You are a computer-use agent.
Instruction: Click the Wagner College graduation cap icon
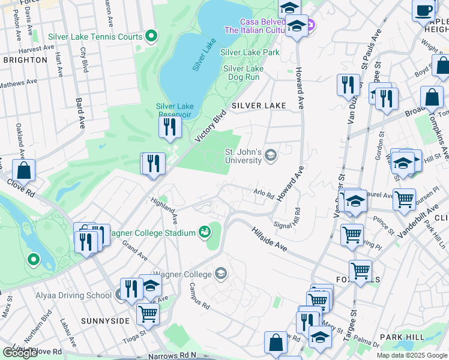click(x=221, y=274)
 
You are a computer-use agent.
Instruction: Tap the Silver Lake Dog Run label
click(x=243, y=73)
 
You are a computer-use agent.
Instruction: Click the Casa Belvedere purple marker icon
click(x=310, y=25)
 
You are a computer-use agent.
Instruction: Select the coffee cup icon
click(x=424, y=10)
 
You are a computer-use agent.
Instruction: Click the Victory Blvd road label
click(x=211, y=125)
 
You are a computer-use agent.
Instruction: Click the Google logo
click(x=20, y=353)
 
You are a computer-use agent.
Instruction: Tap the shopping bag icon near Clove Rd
click(x=23, y=170)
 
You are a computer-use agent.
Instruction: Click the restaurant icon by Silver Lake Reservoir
click(x=170, y=127)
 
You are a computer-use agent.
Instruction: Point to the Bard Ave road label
click(x=80, y=114)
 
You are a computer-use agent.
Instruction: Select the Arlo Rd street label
click(x=263, y=194)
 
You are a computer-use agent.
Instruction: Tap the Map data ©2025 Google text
click(x=412, y=355)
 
